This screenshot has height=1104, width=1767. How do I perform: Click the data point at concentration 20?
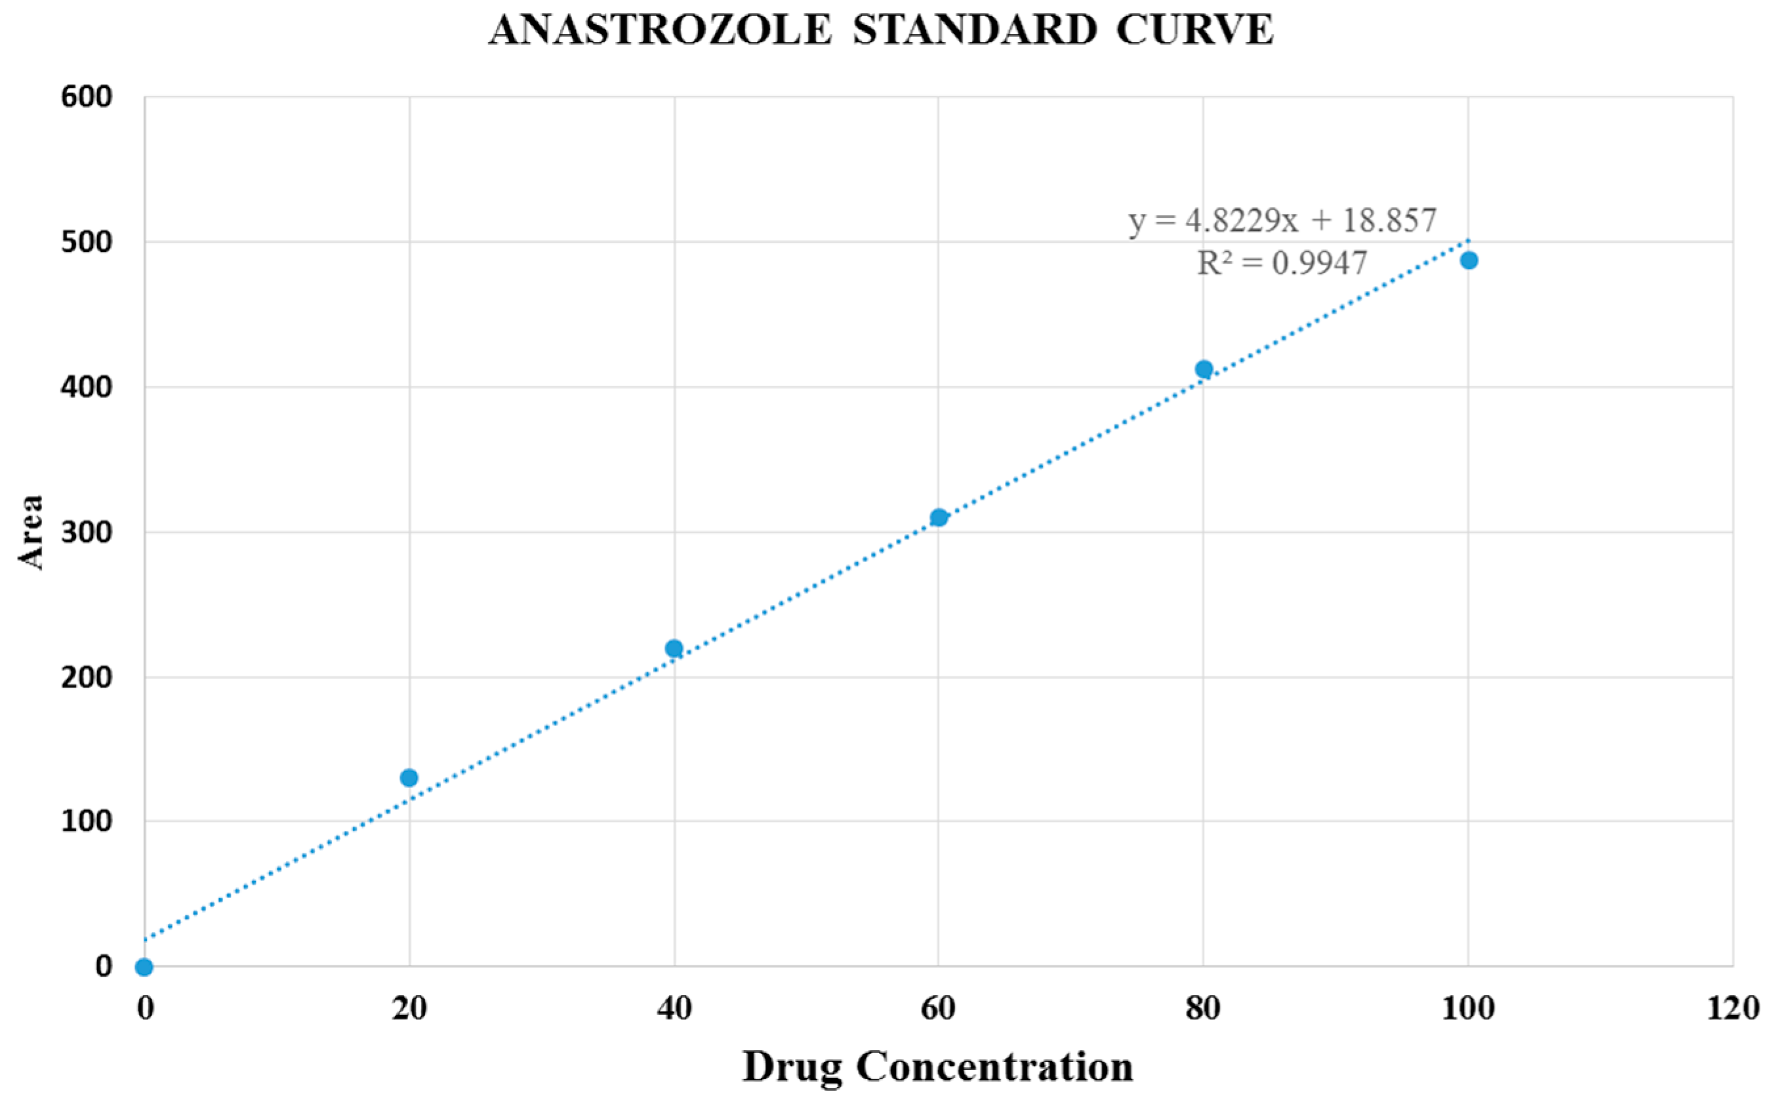[x=409, y=777]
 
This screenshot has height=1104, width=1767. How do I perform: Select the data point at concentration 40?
[x=674, y=648]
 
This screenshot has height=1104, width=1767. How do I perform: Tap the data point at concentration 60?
[x=939, y=518]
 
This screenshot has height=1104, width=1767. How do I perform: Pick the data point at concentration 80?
[x=1204, y=369]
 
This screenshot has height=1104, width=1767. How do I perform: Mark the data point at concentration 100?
[x=1469, y=260]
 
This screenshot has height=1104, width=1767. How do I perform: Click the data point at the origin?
[x=144, y=968]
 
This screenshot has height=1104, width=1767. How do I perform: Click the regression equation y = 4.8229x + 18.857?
[x=1282, y=220]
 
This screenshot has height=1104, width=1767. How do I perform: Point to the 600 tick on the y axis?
[x=86, y=97]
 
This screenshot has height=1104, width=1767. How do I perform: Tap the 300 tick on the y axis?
[x=86, y=532]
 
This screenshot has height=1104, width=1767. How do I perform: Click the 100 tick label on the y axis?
[x=86, y=821]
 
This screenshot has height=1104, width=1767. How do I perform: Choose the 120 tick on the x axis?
[x=1733, y=1009]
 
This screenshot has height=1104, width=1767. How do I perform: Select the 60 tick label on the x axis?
[x=938, y=1009]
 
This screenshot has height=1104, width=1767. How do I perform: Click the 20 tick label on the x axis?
[x=409, y=1009]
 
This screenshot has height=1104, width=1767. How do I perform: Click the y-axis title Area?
[x=31, y=532]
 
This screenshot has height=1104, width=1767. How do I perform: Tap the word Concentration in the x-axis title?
[x=994, y=1067]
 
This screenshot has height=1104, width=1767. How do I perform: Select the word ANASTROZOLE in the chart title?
[x=660, y=31]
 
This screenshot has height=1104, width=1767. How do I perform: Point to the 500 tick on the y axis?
[x=86, y=243]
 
